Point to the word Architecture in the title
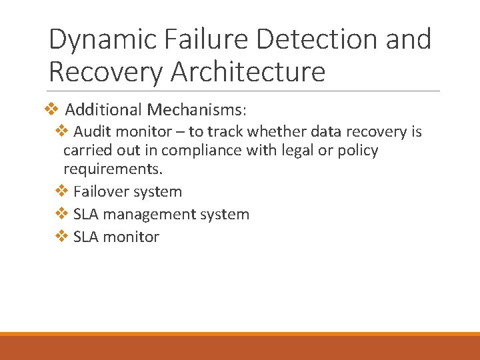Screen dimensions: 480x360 (248, 72)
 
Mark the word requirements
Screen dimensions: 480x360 (113, 169)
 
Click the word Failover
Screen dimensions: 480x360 (101, 192)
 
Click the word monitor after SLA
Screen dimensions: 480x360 (131, 237)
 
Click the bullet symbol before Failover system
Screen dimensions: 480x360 (61, 191)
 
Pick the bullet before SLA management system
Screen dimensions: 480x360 (61, 214)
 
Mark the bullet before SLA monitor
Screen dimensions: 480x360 (61, 236)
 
